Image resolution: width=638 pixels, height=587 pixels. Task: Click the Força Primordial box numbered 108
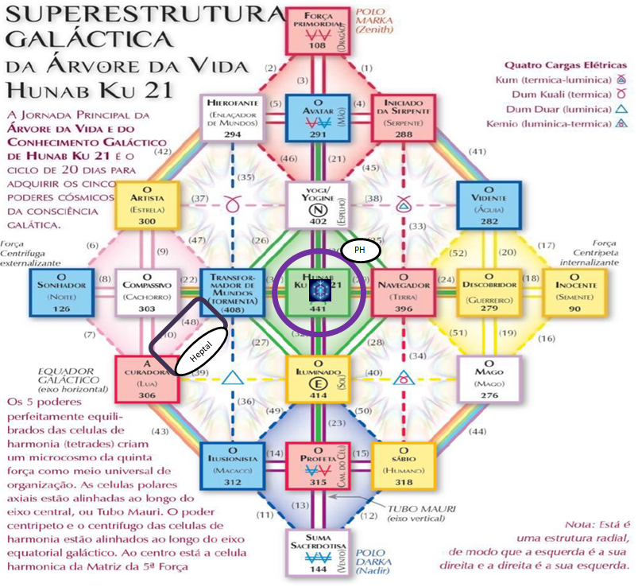click(318, 29)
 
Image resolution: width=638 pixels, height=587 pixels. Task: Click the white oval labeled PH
click(360, 250)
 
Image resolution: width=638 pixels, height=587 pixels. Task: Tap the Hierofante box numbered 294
click(233, 117)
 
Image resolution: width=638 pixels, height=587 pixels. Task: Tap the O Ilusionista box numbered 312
click(233, 465)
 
